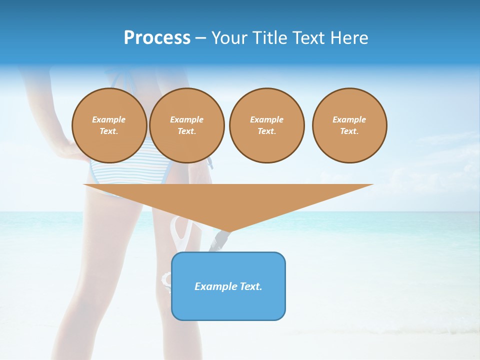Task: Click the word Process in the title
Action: (x=157, y=38)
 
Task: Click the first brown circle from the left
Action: (x=109, y=125)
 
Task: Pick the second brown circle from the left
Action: (x=187, y=125)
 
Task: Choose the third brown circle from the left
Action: (x=267, y=125)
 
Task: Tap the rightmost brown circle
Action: (x=349, y=125)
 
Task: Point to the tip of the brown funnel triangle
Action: (x=228, y=231)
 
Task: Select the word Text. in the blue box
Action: (x=250, y=286)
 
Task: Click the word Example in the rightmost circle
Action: (x=349, y=119)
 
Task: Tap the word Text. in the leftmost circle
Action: (x=109, y=131)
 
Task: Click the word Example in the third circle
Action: (x=267, y=119)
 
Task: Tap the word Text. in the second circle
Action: (x=187, y=131)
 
